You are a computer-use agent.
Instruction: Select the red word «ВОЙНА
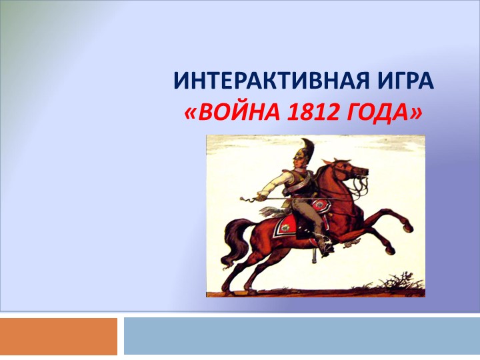(227, 114)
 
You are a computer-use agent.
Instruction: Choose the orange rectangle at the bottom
(59, 336)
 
